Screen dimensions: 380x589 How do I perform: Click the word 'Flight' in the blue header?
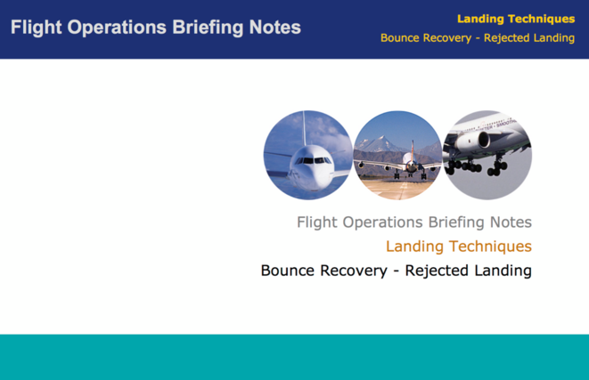pos(36,28)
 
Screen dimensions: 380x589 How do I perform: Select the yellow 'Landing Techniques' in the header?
pos(516,18)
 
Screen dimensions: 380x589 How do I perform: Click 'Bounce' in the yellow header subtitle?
pos(403,38)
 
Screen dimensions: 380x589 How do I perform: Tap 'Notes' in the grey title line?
pos(510,222)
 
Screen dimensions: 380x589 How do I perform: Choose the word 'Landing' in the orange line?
pos(415,247)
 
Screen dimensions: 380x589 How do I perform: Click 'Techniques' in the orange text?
pos(491,247)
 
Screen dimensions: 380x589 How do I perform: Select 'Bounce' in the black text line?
pos(290,270)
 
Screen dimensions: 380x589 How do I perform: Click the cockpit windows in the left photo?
pos(311,160)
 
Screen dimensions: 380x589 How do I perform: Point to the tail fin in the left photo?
pos(306,127)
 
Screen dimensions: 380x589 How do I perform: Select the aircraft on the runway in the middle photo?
pos(409,165)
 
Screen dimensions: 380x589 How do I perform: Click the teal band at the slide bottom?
pos(294,357)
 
